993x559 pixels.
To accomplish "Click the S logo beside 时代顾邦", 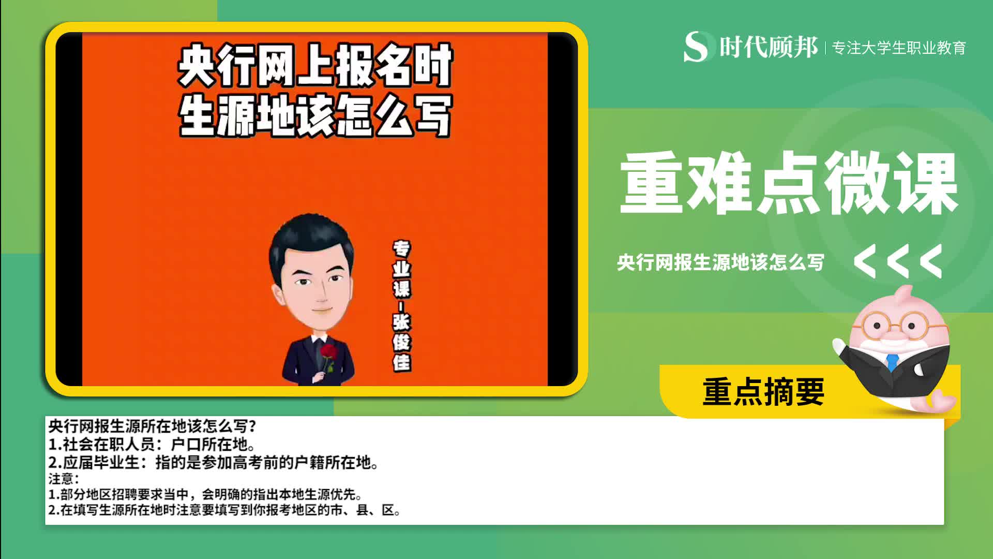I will pyautogui.click(x=696, y=47).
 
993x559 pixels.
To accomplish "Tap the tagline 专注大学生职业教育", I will pyautogui.click(x=899, y=48).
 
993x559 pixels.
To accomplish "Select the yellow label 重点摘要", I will pyautogui.click(x=763, y=392).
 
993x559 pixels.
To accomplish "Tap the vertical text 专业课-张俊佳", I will pyautogui.click(x=401, y=305).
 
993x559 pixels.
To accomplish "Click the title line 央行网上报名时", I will pyautogui.click(x=315, y=66).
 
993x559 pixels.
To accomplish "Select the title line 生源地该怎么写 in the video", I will pyautogui.click(x=315, y=115).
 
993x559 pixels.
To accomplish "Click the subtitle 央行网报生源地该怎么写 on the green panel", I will pyautogui.click(x=720, y=262).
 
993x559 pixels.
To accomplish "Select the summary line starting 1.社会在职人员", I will pyautogui.click(x=151, y=444).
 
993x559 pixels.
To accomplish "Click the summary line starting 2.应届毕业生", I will pyautogui.click(x=213, y=462).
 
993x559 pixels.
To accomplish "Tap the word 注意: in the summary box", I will pyautogui.click(x=63, y=479).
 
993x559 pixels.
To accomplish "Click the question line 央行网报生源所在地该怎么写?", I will pyautogui.click(x=152, y=426).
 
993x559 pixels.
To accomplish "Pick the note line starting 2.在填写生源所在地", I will pyautogui.click(x=224, y=510).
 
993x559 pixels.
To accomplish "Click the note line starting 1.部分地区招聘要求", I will pyautogui.click(x=205, y=494).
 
